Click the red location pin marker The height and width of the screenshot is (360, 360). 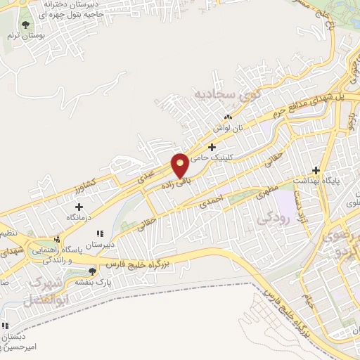pyautogui.click(x=181, y=165)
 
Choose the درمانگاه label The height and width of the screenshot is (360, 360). pyautogui.click(x=79, y=219)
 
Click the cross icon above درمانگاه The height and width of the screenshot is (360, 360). pyautogui.click(x=79, y=207)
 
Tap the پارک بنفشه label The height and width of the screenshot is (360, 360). pyautogui.click(x=91, y=282)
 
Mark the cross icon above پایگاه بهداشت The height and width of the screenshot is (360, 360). pyautogui.click(x=316, y=169)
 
